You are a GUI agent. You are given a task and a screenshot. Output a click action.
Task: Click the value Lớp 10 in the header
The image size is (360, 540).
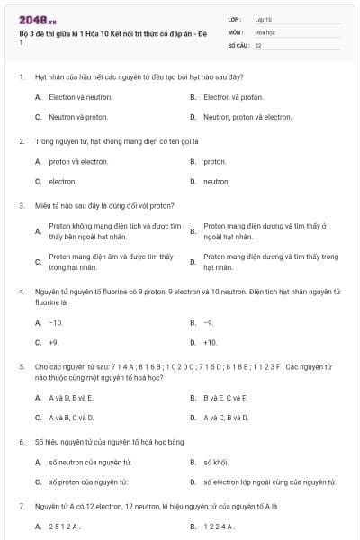pos(263,19)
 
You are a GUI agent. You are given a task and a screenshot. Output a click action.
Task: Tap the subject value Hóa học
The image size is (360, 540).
pos(265,31)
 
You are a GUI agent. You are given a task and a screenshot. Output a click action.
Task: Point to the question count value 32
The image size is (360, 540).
pos(258,44)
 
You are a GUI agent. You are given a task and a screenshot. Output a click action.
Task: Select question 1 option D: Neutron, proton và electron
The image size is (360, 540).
pos(247,117)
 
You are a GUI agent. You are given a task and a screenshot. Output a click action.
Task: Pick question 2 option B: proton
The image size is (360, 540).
pos(215,162)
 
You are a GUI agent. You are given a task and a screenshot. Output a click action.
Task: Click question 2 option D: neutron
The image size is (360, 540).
pos(216,181)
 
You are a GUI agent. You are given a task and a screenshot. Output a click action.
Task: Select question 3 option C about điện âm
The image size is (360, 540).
pos(111,262)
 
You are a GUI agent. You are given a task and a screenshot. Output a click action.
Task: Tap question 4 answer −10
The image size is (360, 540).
pos(56,322)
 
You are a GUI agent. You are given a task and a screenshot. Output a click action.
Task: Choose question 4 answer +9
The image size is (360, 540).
pos(54,342)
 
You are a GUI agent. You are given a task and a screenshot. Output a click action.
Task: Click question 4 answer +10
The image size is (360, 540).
pos(211,342)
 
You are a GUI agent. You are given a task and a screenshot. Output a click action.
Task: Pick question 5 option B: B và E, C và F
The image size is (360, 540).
pos(225,397)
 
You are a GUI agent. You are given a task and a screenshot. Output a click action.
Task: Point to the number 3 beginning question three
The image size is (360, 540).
pos(21,205)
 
